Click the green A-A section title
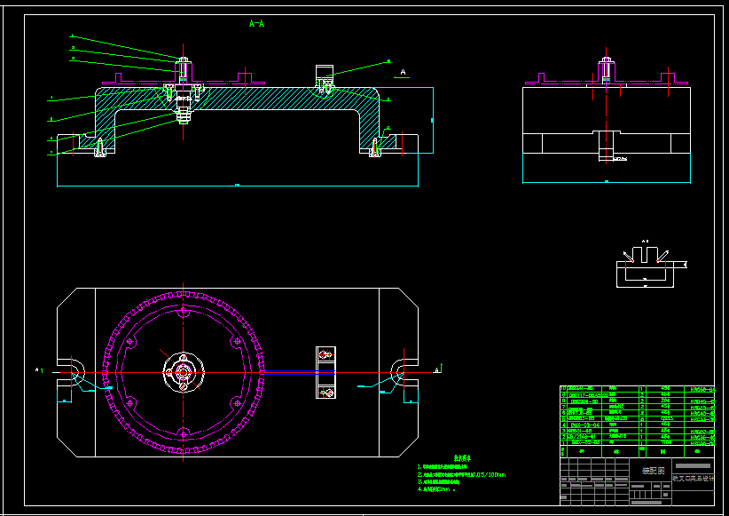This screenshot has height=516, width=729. tap(256, 24)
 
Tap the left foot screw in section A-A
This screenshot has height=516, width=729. tap(99, 147)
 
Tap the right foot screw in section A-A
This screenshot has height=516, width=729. tap(376, 147)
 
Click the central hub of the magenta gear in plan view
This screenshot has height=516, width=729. tap(183, 372)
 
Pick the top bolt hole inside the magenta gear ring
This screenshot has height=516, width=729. tap(183, 313)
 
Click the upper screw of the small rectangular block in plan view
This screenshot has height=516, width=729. tap(326, 355)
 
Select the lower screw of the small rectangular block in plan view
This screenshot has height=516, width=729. tap(326, 390)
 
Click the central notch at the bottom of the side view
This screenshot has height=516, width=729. tap(607, 142)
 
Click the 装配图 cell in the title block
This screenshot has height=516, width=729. tap(653, 471)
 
